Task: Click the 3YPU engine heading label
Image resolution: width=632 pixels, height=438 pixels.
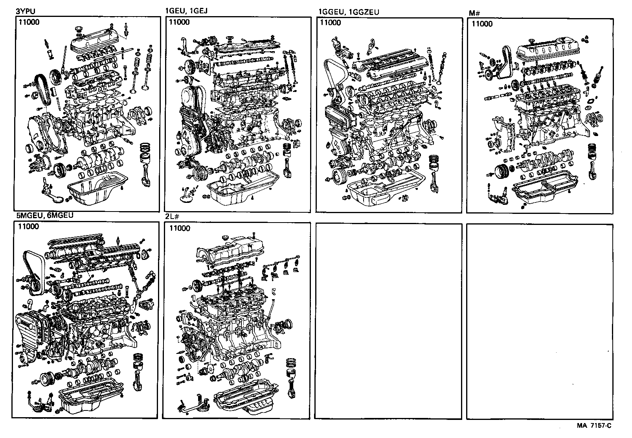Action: tap(24, 12)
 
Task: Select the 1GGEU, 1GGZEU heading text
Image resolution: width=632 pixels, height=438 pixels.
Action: tap(348, 12)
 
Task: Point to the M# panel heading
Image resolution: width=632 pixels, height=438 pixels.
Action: tap(475, 13)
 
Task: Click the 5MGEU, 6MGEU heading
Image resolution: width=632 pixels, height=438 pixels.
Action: tap(44, 216)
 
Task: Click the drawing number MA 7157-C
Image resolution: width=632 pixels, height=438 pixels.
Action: tap(594, 425)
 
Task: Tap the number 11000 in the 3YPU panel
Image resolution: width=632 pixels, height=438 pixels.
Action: tap(28, 22)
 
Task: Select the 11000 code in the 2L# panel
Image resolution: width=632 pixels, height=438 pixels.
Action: tap(179, 228)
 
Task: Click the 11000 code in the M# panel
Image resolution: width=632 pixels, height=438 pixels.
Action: tap(481, 24)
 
